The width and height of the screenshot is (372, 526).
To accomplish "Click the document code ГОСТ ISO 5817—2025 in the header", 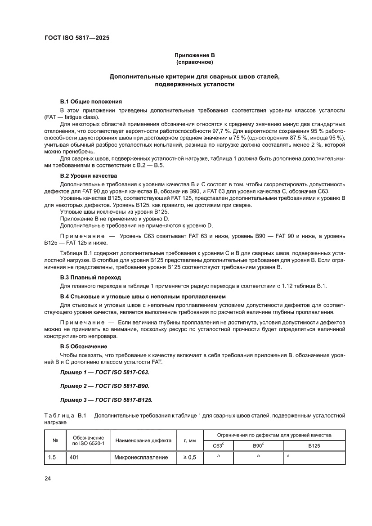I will tap(76, 38).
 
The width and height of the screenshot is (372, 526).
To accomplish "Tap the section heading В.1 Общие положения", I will tap(91, 102).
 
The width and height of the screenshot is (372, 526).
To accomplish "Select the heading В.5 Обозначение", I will tap(84, 346).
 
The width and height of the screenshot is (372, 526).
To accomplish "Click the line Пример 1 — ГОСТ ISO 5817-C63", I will tap(104, 373).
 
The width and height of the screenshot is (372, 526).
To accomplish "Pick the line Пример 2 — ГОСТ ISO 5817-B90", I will tap(104, 386).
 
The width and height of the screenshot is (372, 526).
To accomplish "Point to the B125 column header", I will tap(314, 445).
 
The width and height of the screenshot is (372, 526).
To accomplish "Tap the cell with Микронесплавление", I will tap(141, 458).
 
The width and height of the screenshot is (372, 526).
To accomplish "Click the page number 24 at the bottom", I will tap(48, 478).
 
